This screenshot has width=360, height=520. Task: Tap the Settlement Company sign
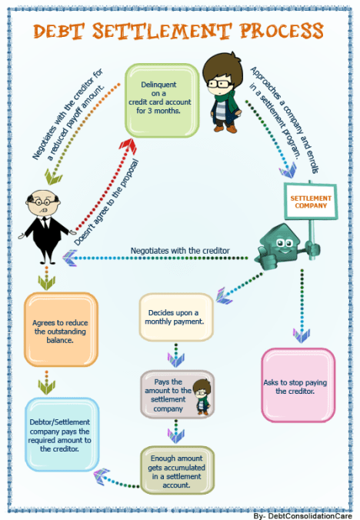click(311, 198)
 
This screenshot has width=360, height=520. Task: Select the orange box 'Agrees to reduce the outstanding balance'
click(61, 328)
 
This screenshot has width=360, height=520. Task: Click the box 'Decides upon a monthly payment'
click(175, 317)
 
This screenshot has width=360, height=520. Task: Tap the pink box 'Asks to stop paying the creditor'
click(298, 385)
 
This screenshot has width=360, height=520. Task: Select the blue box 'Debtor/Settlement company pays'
click(61, 434)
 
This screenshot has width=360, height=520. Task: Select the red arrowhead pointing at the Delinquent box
click(128, 145)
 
